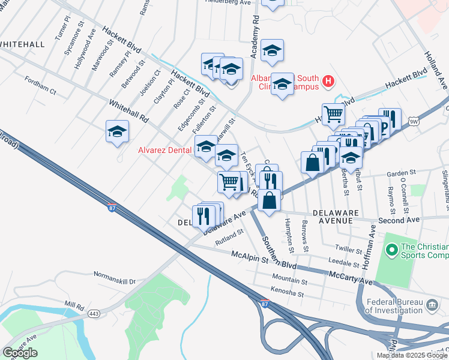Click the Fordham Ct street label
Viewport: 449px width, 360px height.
tap(40, 86)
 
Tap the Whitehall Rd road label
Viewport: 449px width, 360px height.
tap(128, 112)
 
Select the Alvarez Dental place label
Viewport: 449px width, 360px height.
tap(165, 151)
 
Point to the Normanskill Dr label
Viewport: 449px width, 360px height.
tap(115, 279)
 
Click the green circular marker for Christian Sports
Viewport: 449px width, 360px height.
tap(392, 248)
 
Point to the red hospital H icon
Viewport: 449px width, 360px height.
tap(328, 80)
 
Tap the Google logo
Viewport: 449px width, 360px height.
tap(20, 353)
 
